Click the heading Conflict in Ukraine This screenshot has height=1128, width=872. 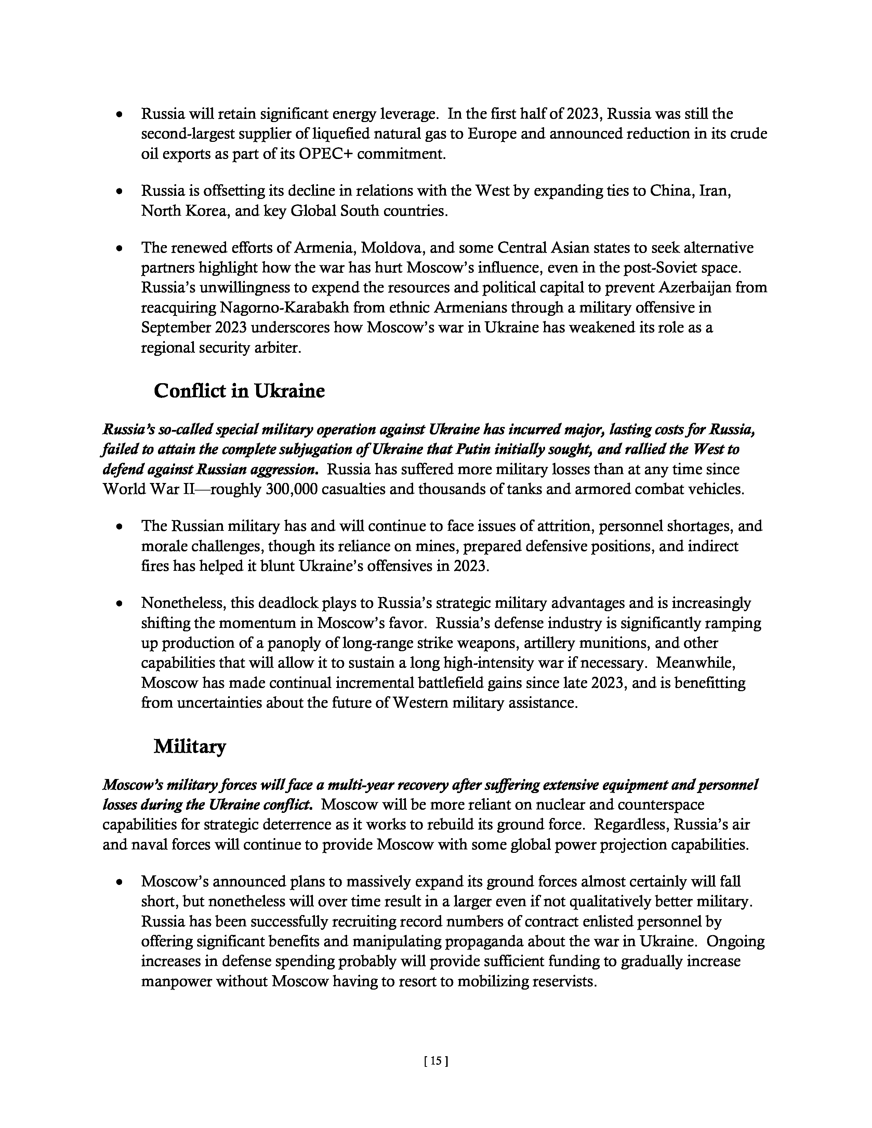pyautogui.click(x=239, y=391)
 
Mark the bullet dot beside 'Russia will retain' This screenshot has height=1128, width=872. pyautogui.click(x=120, y=115)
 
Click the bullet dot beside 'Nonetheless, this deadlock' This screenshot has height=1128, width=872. pyautogui.click(x=120, y=604)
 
